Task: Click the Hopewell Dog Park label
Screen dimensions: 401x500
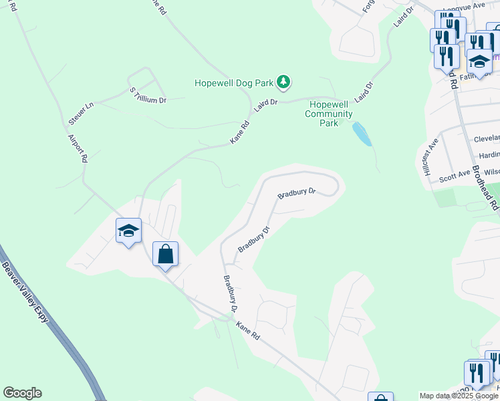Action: (234, 83)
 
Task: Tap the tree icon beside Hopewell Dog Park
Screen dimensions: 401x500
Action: (285, 82)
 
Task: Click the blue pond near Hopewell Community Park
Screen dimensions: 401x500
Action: (362, 134)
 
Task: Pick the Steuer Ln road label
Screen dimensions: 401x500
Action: (80, 113)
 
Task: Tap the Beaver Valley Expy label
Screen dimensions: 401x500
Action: (25, 292)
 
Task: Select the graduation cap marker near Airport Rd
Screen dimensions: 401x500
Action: (128, 231)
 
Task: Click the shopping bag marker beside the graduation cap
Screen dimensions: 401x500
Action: (165, 254)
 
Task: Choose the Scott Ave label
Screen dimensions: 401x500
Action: (454, 178)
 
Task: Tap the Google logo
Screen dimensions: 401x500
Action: (22, 393)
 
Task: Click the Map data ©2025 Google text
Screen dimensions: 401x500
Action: (459, 396)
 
